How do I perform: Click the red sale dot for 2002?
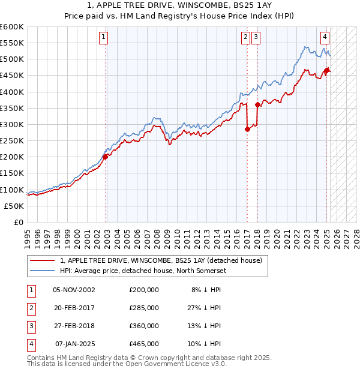click(105, 157)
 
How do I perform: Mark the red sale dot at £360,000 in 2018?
click(257, 104)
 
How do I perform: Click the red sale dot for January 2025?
click(327, 71)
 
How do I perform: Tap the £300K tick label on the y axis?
click(12, 124)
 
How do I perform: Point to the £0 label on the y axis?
click(19, 222)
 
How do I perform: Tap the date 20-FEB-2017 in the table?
click(74, 308)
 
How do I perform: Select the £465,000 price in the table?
click(144, 344)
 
